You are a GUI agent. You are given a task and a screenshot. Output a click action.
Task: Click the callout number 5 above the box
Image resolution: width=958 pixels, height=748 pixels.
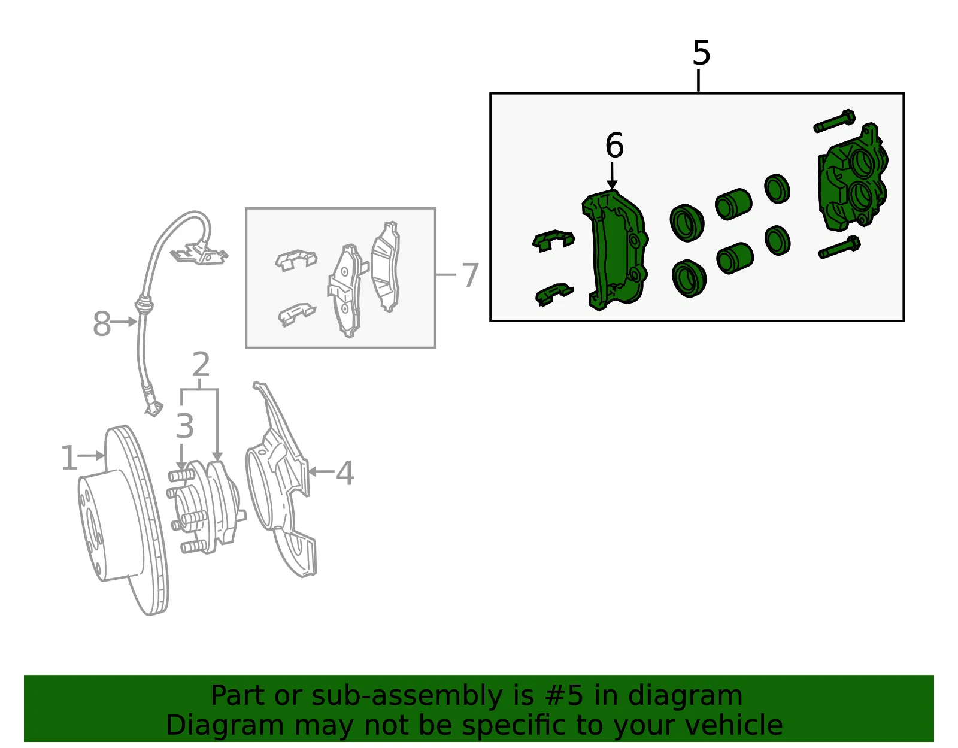tap(701, 53)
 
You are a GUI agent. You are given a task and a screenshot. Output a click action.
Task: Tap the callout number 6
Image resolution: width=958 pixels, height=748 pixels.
tap(614, 146)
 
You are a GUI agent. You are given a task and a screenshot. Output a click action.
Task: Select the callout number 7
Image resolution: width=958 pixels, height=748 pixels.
tap(470, 275)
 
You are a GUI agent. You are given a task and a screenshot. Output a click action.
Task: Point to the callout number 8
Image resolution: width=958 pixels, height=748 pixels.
tap(101, 324)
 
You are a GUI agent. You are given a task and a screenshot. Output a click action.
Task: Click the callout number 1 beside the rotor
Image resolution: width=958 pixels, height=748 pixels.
tap(69, 458)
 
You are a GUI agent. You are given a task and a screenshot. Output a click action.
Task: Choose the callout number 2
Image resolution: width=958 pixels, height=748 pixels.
tap(201, 365)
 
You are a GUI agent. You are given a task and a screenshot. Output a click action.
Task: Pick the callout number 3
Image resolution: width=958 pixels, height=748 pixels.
tap(185, 426)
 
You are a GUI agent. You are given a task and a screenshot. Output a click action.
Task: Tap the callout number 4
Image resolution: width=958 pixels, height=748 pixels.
tap(345, 473)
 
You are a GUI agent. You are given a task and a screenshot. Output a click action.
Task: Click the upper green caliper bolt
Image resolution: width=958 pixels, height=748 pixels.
tap(834, 121)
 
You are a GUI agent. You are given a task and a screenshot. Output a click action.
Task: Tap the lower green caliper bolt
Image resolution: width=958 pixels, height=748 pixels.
tap(839, 247)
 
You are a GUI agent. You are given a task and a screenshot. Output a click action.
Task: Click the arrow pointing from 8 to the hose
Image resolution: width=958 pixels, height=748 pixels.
tap(123, 322)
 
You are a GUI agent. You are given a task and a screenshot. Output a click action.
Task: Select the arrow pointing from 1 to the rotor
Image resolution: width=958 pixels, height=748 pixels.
tap(91, 456)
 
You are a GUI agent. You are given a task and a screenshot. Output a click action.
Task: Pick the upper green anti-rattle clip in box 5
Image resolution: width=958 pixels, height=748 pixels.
tap(553, 241)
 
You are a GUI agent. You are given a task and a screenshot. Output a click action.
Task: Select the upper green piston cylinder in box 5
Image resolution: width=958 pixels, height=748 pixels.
tap(733, 204)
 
